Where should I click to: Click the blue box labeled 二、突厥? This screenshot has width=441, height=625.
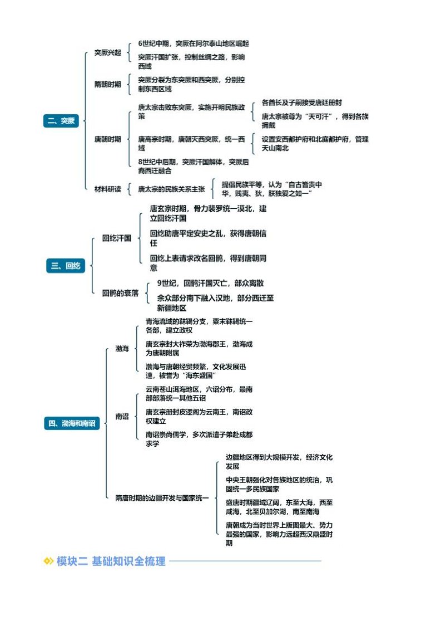pyautogui.click(x=62, y=121)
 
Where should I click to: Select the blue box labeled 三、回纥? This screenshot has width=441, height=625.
pyautogui.click(x=65, y=266)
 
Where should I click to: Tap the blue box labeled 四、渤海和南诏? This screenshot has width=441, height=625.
pyautogui.click(x=72, y=423)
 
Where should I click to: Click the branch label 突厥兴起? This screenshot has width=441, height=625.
pyautogui.click(x=107, y=53)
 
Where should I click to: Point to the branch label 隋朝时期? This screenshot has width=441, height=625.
pyautogui.click(x=107, y=85)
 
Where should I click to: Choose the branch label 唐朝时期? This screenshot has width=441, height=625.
pyautogui.click(x=107, y=139)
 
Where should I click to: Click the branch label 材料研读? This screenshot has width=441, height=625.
pyautogui.click(x=107, y=189)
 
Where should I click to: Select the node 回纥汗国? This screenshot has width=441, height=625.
pyautogui.click(x=116, y=238)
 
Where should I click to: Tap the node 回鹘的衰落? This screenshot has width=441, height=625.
pyautogui.click(x=120, y=293)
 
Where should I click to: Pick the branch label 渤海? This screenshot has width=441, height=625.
pyautogui.click(x=122, y=349)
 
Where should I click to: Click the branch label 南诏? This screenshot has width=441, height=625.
pyautogui.click(x=122, y=416)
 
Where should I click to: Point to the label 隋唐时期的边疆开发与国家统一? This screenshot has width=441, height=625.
pyautogui.click(x=162, y=497)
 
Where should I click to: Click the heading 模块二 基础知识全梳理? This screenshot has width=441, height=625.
pyautogui.click(x=111, y=561)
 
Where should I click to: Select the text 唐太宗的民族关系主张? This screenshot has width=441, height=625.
pyautogui.click(x=171, y=189)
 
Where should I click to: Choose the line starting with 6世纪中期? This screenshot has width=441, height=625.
pyautogui.click(x=194, y=43)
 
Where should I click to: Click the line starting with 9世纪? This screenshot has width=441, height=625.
pyautogui.click(x=210, y=283)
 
